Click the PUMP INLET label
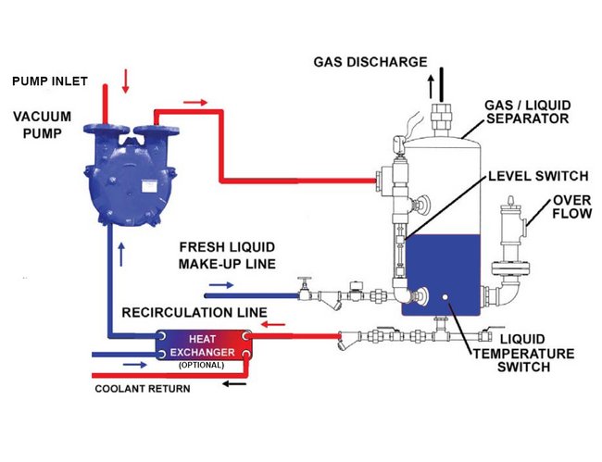[50, 81]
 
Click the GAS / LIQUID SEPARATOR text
[532, 111]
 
